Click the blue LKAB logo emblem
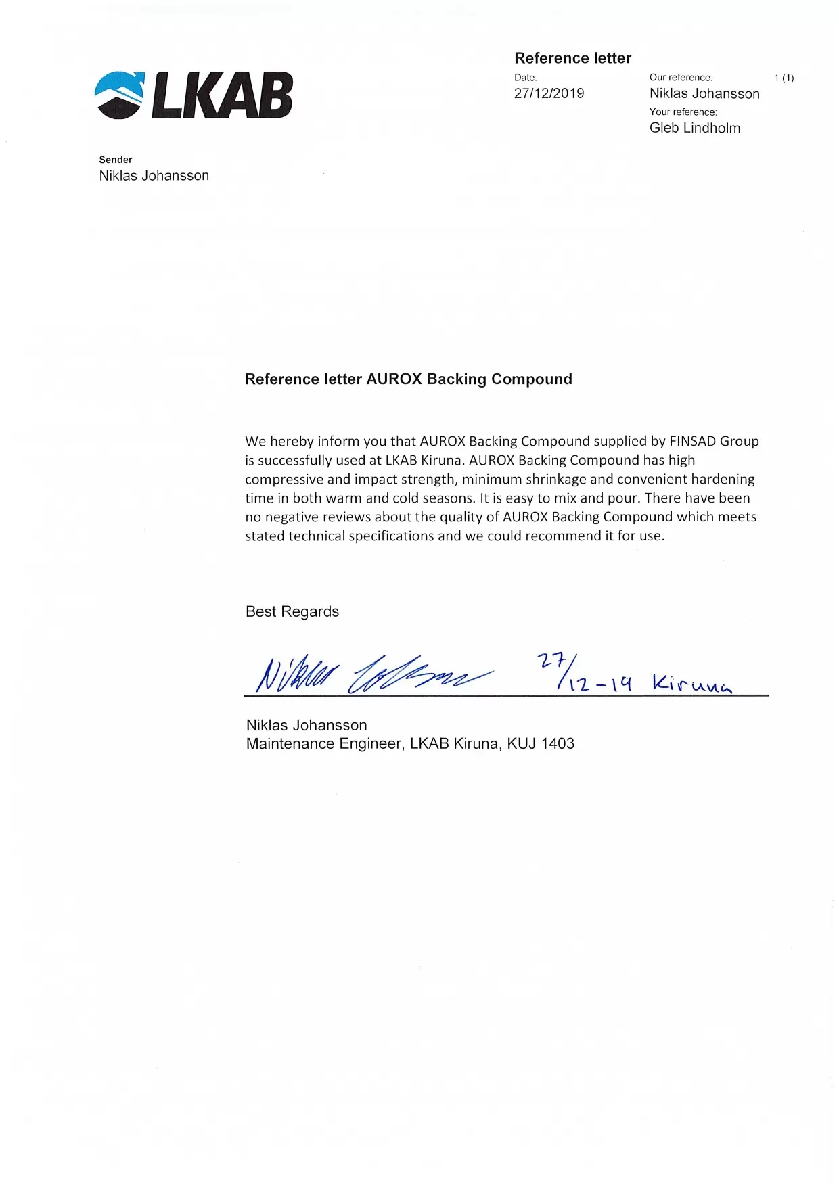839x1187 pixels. [x=120, y=95]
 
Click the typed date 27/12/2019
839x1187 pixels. [x=549, y=93]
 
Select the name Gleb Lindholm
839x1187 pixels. [x=694, y=128]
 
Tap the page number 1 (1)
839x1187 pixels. [x=784, y=78]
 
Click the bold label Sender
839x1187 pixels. [x=116, y=160]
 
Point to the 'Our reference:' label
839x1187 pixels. [x=681, y=78]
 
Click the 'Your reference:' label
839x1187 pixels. [x=683, y=112]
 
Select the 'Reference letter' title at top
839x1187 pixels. [x=572, y=58]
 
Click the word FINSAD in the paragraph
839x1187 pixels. [x=692, y=441]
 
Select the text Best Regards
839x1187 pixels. [x=292, y=611]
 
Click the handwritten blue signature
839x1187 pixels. [x=372, y=674]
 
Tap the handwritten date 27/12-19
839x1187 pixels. [x=583, y=673]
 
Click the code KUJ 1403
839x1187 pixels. [x=541, y=743]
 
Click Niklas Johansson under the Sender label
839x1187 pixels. [x=154, y=176]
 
